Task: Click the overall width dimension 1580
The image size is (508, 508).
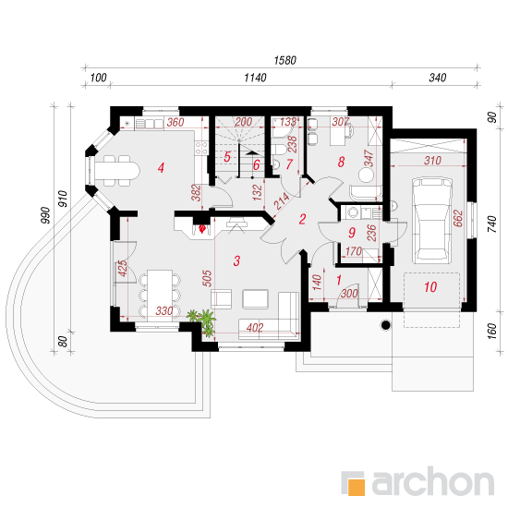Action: tap(285, 60)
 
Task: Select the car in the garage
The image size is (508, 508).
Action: tap(432, 220)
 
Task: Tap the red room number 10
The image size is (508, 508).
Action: tap(430, 286)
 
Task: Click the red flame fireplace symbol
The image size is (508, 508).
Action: tap(202, 229)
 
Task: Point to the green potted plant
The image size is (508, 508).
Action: tap(203, 321)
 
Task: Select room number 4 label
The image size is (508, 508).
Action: tap(161, 167)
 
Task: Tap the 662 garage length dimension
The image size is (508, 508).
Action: tap(458, 218)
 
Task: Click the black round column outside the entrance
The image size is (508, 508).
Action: tap(385, 324)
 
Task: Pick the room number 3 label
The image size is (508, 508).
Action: tap(236, 260)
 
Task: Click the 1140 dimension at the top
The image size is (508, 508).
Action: tap(255, 78)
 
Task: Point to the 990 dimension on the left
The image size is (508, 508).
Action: tap(46, 215)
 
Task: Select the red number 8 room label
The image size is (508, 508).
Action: tap(341, 162)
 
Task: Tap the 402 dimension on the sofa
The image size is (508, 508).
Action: tap(255, 328)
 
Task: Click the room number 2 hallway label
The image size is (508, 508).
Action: tap(302, 219)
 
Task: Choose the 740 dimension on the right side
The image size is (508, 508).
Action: tap(491, 224)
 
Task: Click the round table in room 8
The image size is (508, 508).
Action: tap(366, 175)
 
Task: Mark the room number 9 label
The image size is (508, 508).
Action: tap(352, 232)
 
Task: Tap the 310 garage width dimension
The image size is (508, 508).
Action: tap(432, 161)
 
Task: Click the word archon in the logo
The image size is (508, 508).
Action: tap(433, 483)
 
